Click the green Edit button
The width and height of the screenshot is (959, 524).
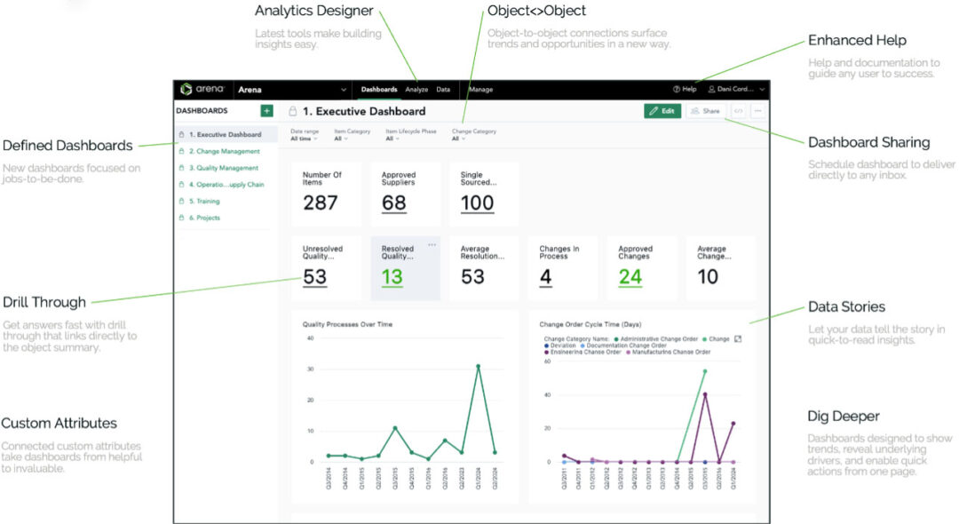coord(662,111)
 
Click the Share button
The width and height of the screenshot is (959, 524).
coord(705,111)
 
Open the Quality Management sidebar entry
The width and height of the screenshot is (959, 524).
coord(223,168)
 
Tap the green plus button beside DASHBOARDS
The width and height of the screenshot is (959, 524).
coord(266,111)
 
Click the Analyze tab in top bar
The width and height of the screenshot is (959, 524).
coord(416,90)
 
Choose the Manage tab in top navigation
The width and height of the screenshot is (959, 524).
coord(480,90)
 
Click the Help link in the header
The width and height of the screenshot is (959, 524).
coord(685,90)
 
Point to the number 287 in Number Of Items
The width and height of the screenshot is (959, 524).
coord(320,202)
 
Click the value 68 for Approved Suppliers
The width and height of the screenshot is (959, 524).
coord(393,202)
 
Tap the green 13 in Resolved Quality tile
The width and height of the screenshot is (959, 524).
coord(392,276)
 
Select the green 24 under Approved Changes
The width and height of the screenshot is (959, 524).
coord(630,276)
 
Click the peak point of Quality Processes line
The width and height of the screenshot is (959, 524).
coord(478,366)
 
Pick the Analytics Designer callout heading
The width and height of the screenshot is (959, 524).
coord(313,12)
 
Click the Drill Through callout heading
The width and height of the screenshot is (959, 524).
coord(44,302)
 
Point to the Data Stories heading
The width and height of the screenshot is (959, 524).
coord(846,306)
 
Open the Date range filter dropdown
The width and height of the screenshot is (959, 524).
coord(303,139)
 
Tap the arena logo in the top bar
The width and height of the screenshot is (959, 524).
coord(202,90)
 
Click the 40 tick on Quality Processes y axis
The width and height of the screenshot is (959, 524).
coord(311,338)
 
